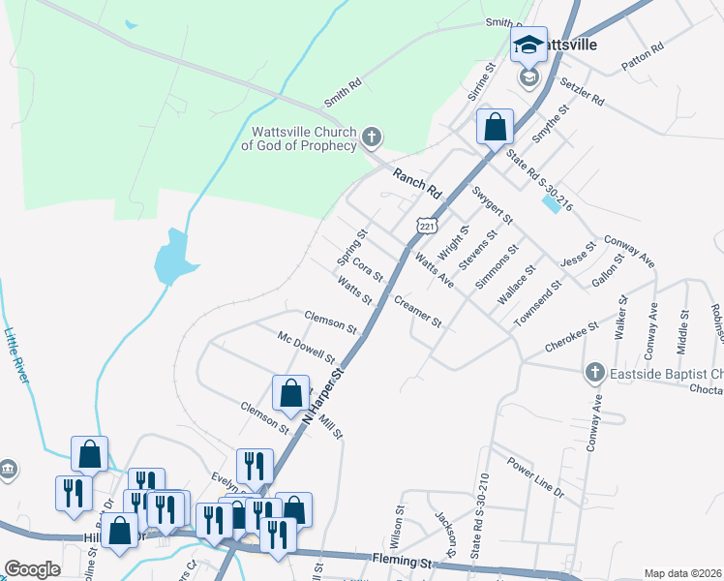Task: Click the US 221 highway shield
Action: click(x=426, y=226)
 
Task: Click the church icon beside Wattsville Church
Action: click(x=372, y=138)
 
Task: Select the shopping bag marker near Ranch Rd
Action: click(x=495, y=127)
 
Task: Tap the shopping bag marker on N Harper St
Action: click(x=290, y=394)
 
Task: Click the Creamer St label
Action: click(x=418, y=311)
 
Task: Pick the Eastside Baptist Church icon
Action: click(x=594, y=373)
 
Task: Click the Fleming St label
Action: click(x=400, y=560)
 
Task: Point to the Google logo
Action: click(x=32, y=569)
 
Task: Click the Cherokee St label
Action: click(x=572, y=334)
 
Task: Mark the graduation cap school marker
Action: click(x=528, y=45)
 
